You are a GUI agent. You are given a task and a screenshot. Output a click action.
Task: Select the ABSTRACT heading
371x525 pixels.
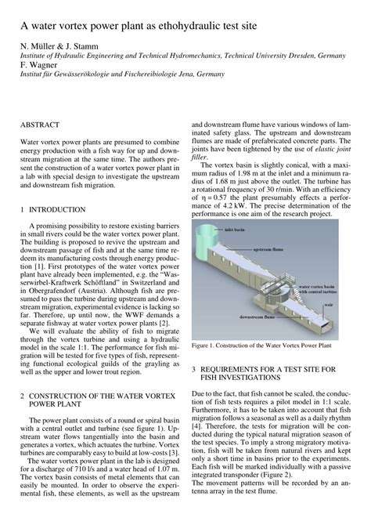pos(41,125)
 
